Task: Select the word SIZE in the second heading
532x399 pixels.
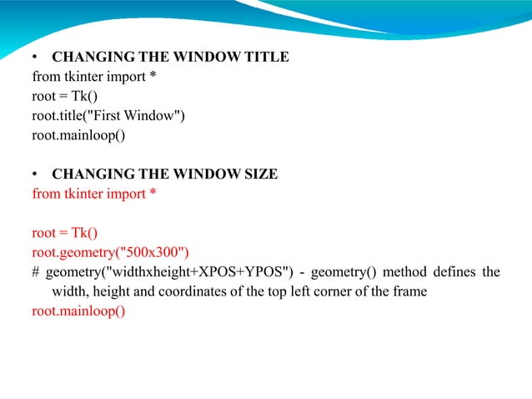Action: pyautogui.click(x=257, y=174)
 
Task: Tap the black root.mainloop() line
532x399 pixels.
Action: pyautogui.click(x=78, y=134)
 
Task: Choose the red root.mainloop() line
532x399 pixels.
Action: pyautogui.click(x=78, y=311)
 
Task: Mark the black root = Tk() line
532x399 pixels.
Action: pyautogui.click(x=65, y=96)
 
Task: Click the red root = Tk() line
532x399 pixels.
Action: pyautogui.click(x=65, y=233)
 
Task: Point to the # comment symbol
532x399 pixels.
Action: pyautogui.click(x=36, y=272)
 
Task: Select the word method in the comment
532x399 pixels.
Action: pyautogui.click(x=404, y=272)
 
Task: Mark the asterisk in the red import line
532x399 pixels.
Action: pyautogui.click(x=153, y=193)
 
